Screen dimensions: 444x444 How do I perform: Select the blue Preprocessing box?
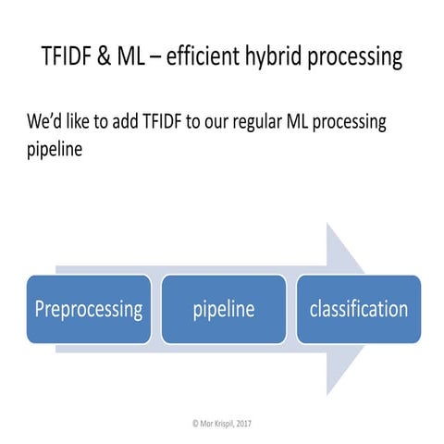click(x=89, y=309)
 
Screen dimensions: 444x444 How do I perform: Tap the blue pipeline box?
click(x=223, y=309)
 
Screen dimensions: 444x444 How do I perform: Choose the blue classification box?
click(x=358, y=309)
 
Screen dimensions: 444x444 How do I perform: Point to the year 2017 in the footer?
click(x=242, y=423)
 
